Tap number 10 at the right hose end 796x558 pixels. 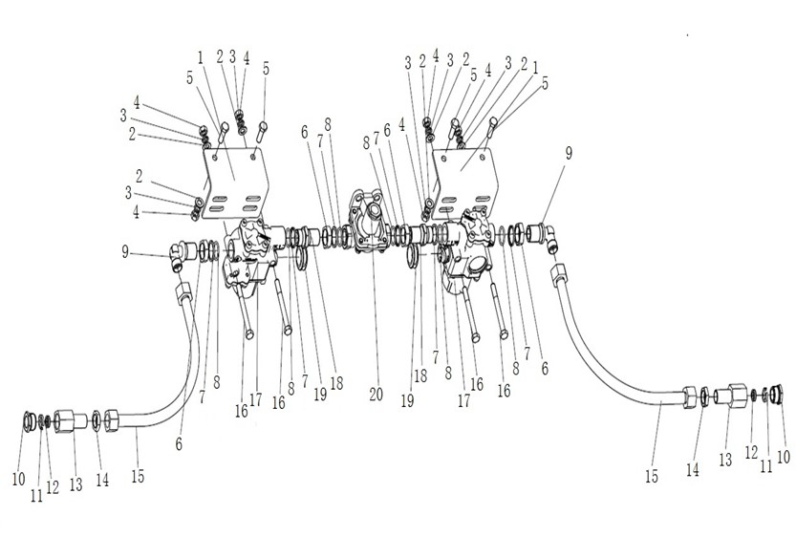tap(783, 457)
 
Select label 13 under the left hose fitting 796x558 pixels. tap(75, 484)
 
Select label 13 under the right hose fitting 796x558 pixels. tap(725, 460)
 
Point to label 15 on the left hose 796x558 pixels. tap(138, 475)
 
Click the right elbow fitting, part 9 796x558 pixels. tap(549, 235)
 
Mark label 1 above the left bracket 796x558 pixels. tap(201, 55)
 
